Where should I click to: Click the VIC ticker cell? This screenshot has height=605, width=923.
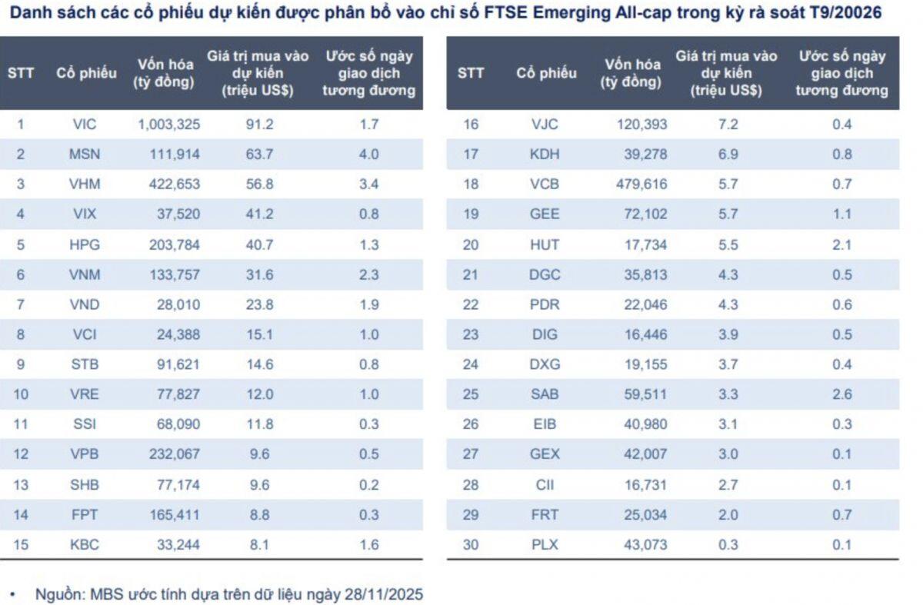84,124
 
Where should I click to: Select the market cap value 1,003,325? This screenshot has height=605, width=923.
168,124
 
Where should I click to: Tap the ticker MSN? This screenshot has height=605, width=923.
84,154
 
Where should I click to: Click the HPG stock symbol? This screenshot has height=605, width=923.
84,244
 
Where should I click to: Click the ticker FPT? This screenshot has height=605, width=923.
84,514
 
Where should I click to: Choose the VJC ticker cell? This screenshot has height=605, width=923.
545,124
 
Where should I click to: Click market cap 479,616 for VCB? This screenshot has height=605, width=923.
641,184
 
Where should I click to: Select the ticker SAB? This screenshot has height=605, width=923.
545,394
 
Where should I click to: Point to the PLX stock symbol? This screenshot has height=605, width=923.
545,544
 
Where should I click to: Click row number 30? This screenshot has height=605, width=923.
471,544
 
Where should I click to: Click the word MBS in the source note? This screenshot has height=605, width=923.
105,594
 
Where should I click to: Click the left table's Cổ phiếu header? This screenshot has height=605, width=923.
86,73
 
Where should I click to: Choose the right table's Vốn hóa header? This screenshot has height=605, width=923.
631,73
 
